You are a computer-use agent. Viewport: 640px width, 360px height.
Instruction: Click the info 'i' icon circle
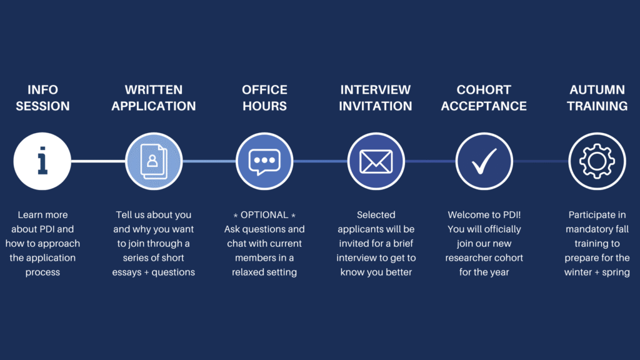42,161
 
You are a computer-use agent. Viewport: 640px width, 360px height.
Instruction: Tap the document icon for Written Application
154,161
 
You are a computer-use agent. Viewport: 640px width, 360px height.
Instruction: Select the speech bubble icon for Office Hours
264,161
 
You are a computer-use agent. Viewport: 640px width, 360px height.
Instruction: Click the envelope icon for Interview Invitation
376,161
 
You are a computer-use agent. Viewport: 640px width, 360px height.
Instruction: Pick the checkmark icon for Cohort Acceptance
484,161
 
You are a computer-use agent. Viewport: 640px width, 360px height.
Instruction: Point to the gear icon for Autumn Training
597,161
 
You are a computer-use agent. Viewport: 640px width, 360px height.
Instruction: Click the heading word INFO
43,90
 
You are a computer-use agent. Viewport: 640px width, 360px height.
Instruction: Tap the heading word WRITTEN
154,90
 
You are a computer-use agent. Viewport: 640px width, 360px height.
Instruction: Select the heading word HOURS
264,106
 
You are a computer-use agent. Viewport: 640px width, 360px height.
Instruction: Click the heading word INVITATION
376,106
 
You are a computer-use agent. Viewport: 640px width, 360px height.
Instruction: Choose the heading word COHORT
484,90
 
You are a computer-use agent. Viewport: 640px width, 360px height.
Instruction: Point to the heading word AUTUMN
597,90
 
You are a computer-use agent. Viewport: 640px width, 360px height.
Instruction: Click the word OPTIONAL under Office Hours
264,215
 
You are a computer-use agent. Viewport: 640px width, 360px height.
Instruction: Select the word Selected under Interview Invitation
376,215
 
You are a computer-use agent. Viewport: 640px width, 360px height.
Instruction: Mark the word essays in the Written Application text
126,272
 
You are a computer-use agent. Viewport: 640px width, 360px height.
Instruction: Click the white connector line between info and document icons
98,161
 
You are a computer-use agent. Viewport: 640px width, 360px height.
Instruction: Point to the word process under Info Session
42,272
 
